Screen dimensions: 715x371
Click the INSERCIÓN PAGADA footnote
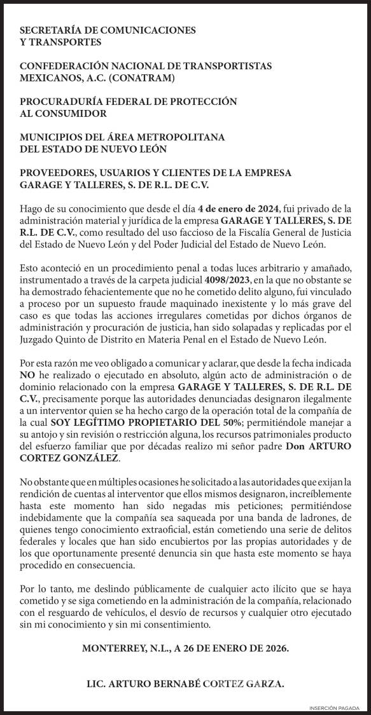point(338,708)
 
